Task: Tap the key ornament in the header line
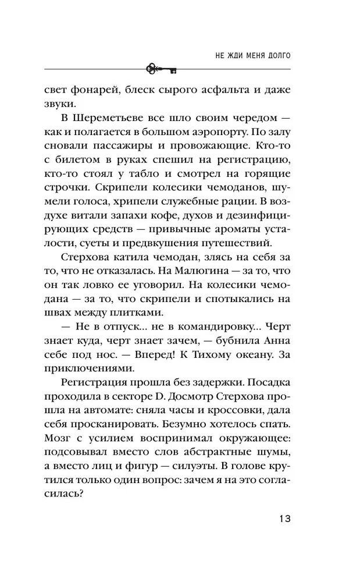162,68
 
